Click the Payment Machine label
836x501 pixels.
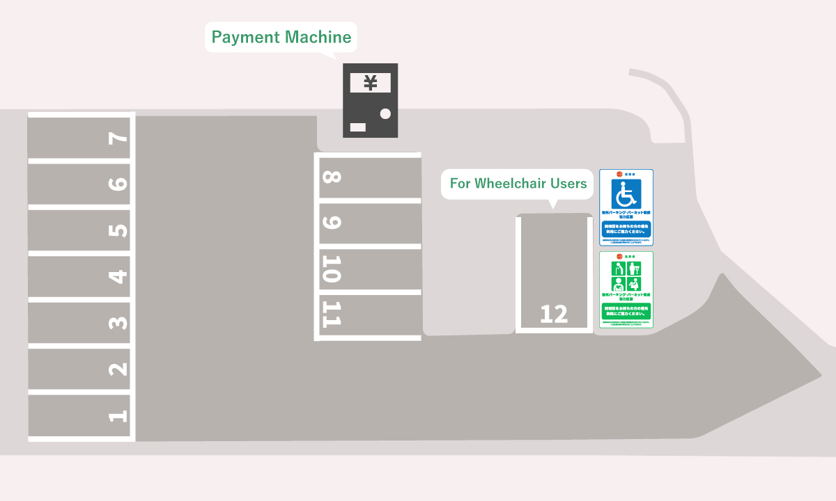pos(281,37)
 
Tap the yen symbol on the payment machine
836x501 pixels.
pos(371,83)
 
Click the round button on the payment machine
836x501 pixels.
pos(385,113)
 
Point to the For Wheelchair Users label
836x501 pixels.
pos(518,184)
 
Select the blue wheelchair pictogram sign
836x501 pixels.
pos(626,207)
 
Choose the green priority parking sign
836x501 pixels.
pos(626,289)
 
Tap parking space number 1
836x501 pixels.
pos(80,416)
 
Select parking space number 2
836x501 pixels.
pos(80,369)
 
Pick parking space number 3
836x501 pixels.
pos(80,323)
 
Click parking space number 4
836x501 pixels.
pos(80,276)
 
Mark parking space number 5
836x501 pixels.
pos(80,230)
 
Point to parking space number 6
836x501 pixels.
pos(80,184)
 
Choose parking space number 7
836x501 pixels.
pos(80,137)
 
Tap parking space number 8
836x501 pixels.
pos(369,177)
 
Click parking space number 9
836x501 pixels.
pos(369,223)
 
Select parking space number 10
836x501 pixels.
pos(369,269)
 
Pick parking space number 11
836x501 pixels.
pos(369,315)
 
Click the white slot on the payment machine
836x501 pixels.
pos(357,127)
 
